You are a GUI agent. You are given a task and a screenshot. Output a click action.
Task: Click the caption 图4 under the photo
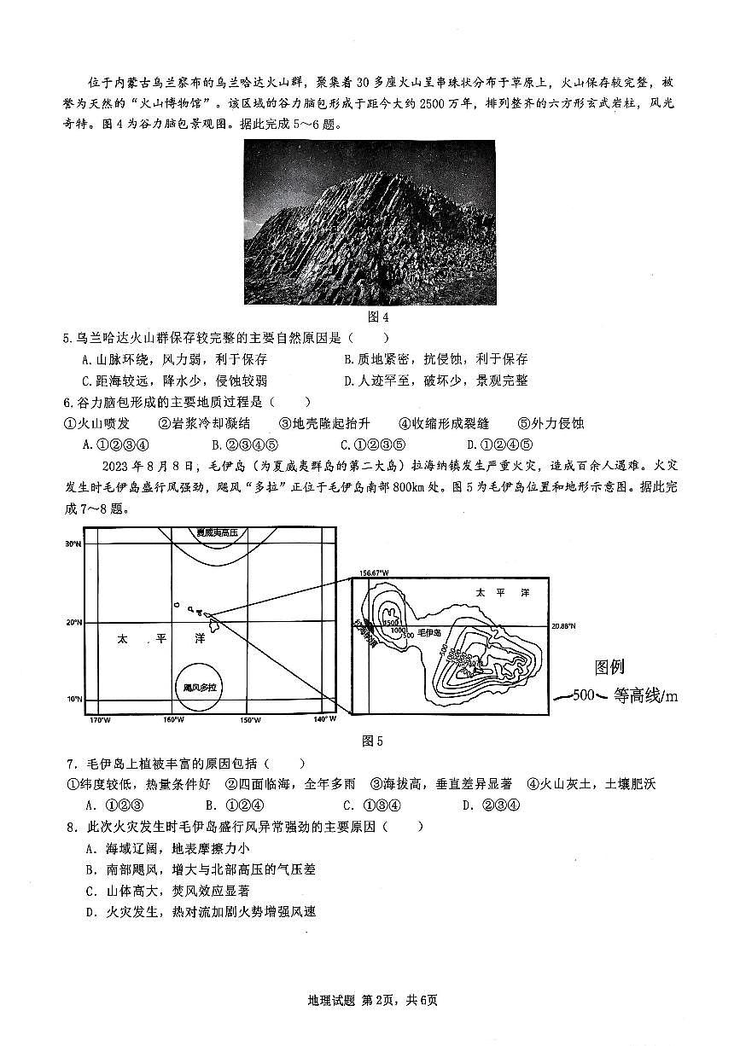369,317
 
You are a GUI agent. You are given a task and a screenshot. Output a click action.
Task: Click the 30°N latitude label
74,543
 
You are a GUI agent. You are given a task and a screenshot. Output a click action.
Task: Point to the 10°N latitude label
74,700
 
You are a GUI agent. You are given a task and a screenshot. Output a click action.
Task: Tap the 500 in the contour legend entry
584,695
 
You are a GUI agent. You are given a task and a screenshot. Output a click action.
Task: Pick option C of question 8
90,891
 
